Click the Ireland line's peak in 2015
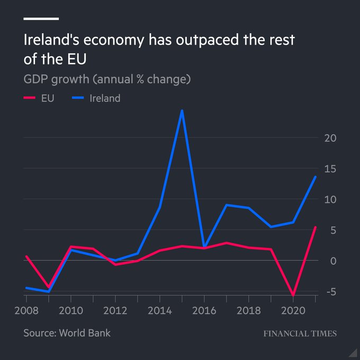point(182,111)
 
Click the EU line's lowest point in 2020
point(293,295)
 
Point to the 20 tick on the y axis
point(330,138)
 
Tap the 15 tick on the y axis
point(330,169)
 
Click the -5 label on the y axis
point(329,292)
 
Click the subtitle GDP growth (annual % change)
point(106,79)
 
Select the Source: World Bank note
point(67,333)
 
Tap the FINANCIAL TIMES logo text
point(300,334)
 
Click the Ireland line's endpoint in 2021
point(316,177)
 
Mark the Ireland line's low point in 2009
point(49,292)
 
